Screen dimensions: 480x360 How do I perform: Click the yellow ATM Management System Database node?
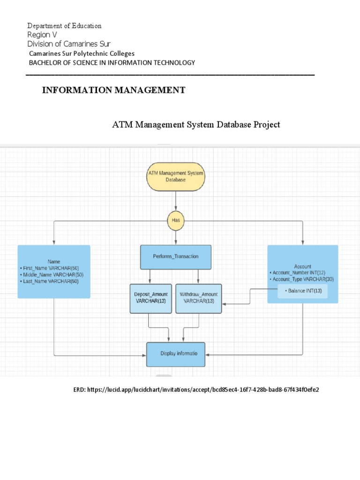click(x=176, y=176)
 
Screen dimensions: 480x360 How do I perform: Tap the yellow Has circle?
click(x=176, y=220)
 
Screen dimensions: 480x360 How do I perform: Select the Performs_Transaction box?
click(x=176, y=256)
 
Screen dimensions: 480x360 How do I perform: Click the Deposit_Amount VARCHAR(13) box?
click(x=148, y=298)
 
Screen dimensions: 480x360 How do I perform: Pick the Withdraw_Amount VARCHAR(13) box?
click(x=199, y=298)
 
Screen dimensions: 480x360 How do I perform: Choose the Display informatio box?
click(x=176, y=354)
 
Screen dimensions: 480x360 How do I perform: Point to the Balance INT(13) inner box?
click(x=302, y=291)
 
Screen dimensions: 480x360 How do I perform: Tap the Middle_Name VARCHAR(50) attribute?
click(x=53, y=275)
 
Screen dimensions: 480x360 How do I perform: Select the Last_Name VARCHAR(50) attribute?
click(x=51, y=281)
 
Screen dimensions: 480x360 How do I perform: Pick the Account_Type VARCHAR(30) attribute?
click(x=302, y=279)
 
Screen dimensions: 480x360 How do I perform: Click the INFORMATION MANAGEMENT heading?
click(x=113, y=90)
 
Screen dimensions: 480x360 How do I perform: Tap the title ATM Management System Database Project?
click(x=196, y=125)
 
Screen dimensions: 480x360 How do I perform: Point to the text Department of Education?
click(x=64, y=26)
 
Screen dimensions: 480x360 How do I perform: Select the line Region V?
click(x=42, y=35)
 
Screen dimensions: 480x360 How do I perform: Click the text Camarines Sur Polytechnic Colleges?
click(x=82, y=53)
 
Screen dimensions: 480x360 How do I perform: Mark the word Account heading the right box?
click(x=302, y=266)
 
